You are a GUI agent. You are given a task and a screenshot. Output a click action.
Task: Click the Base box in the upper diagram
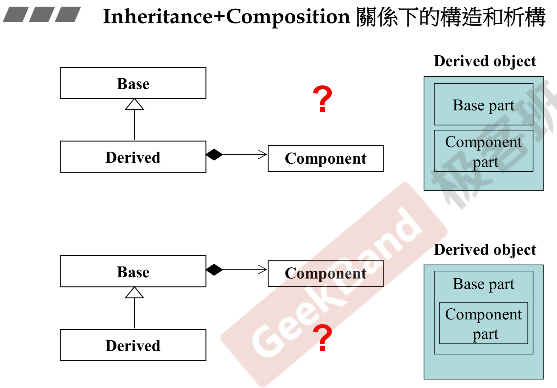click(133, 83)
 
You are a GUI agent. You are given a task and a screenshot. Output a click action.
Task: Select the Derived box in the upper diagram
click(133, 157)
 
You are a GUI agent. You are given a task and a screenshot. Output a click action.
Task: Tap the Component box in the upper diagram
click(325, 159)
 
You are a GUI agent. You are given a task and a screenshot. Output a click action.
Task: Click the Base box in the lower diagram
click(133, 271)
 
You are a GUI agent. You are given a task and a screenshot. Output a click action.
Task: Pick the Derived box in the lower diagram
click(133, 345)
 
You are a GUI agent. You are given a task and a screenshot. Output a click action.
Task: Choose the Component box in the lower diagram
click(325, 273)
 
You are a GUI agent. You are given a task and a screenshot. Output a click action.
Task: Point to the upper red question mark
click(322, 99)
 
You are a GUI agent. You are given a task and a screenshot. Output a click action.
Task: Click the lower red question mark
click(322, 337)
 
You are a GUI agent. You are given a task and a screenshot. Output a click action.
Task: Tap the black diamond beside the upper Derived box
click(214, 155)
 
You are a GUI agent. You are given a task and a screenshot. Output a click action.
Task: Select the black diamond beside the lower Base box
click(214, 269)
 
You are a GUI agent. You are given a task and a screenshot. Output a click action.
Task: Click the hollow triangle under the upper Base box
click(134, 105)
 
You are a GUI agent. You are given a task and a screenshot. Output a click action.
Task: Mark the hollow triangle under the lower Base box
click(134, 293)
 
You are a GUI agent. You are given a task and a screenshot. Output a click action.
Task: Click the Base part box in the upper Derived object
click(483, 104)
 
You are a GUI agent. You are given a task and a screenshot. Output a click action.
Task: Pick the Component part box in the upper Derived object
click(483, 151)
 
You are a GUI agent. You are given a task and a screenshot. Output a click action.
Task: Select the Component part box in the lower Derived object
click(483, 323)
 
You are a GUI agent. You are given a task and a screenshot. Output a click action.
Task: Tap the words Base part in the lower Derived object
click(483, 284)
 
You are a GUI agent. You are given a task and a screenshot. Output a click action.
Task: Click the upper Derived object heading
click(485, 61)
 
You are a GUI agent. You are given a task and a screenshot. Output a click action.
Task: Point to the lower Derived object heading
click(485, 250)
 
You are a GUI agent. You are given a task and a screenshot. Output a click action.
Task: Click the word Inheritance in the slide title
click(158, 17)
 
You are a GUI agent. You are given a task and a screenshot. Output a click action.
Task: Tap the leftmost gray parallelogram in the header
click(16, 14)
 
